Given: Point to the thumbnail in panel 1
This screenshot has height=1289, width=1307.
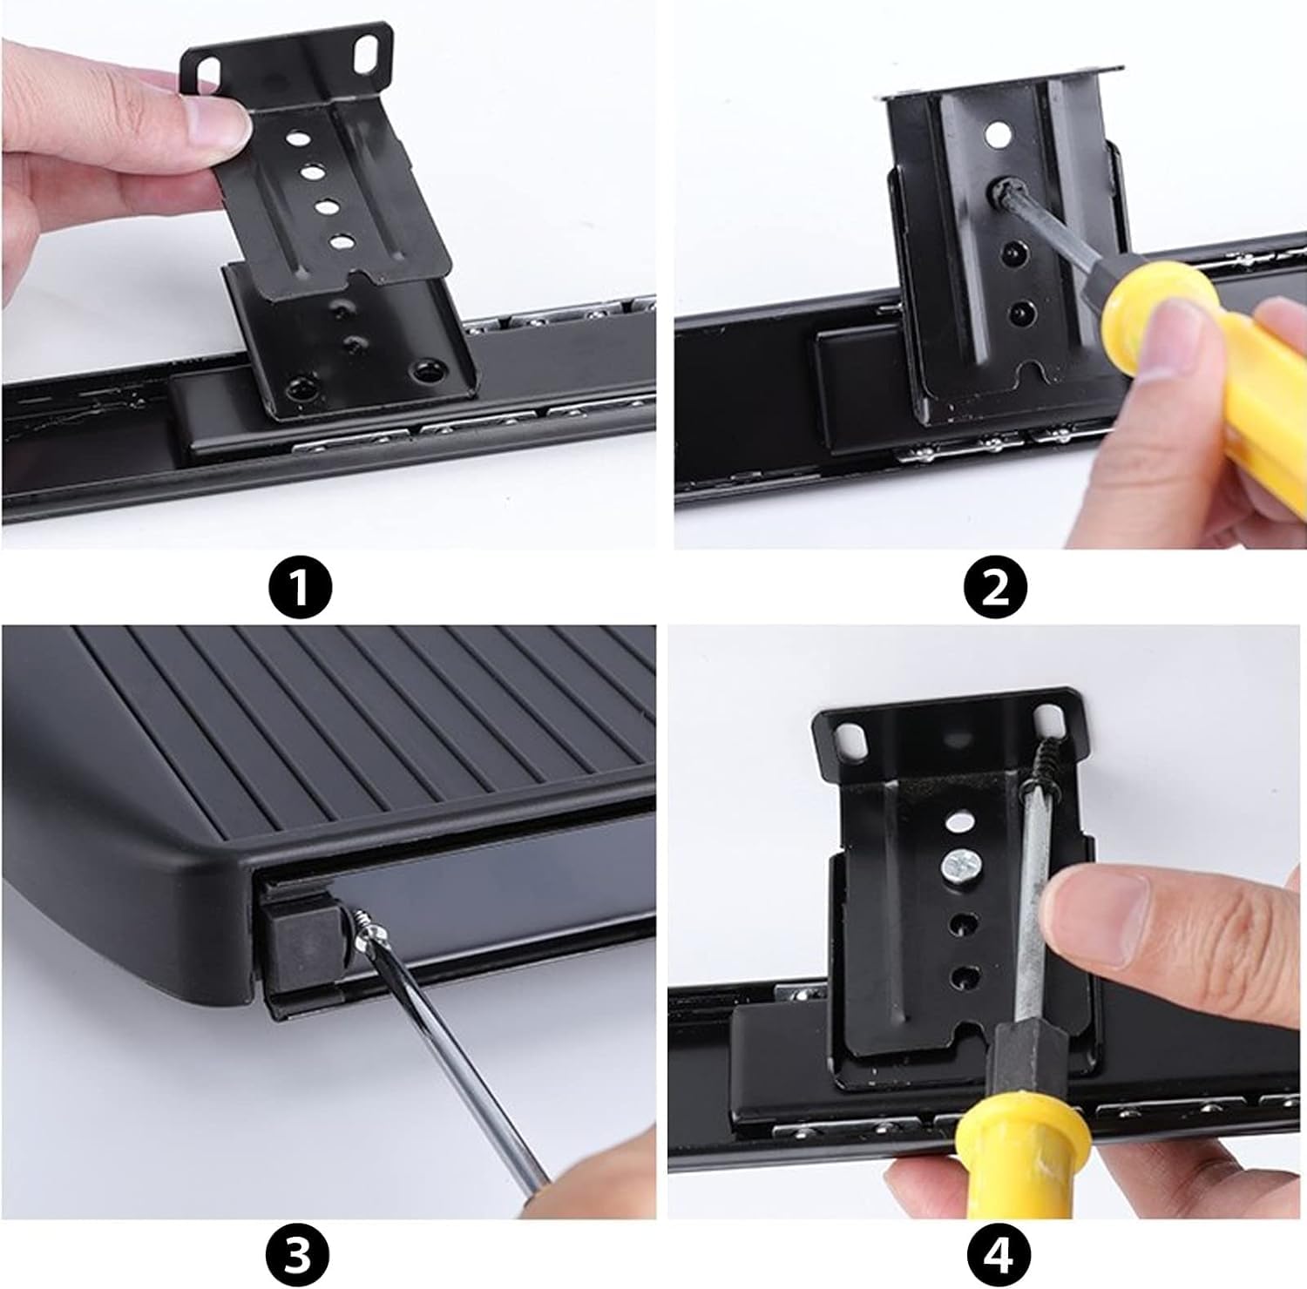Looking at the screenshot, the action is point(213,122).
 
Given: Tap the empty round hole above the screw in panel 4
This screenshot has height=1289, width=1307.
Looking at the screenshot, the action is point(960,821).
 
